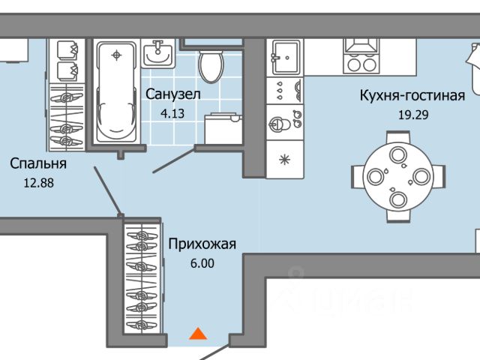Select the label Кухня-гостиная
412,95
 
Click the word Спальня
38,163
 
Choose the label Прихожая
202,244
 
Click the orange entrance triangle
197,334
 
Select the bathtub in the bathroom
115,90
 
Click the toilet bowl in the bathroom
210,65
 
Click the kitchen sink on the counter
286,54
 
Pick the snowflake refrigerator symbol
286,159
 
